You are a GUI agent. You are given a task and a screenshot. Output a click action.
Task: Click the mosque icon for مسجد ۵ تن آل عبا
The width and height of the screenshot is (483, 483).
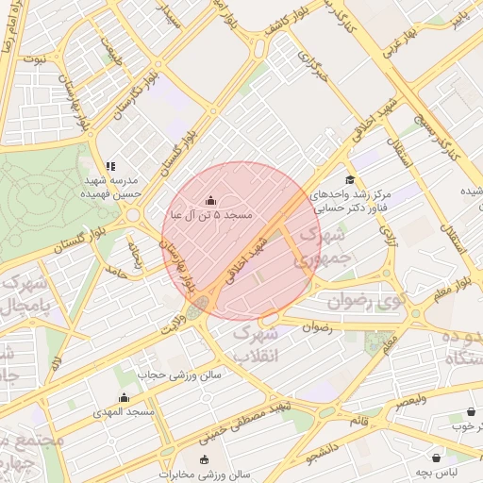pos(209,200)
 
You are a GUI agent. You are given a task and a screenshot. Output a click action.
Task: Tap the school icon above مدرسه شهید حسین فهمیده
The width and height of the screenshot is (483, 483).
pos(110,166)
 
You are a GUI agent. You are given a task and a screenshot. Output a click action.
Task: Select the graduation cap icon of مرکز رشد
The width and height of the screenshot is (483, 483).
pos(350,179)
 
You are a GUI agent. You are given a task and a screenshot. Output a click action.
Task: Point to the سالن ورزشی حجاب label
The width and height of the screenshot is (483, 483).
pos(182,375)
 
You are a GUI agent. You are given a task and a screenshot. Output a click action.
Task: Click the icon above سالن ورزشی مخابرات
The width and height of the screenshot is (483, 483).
pos(205,459)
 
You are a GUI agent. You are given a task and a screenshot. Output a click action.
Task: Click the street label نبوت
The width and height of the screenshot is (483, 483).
pos(35,58)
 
